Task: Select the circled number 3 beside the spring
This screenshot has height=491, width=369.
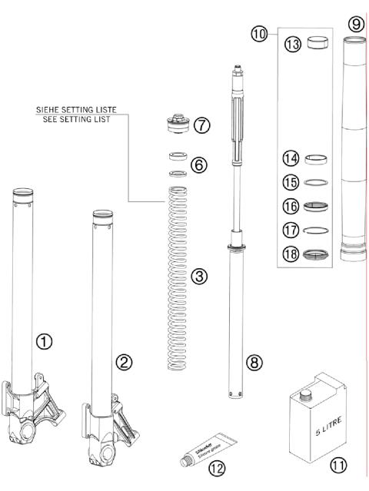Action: coord(199,277)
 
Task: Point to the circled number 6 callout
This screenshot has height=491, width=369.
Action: coord(198,164)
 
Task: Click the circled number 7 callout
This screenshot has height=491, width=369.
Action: coord(202,124)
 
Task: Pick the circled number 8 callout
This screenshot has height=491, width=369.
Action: coord(254,360)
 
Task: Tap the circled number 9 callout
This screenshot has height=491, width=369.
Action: coord(355,25)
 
